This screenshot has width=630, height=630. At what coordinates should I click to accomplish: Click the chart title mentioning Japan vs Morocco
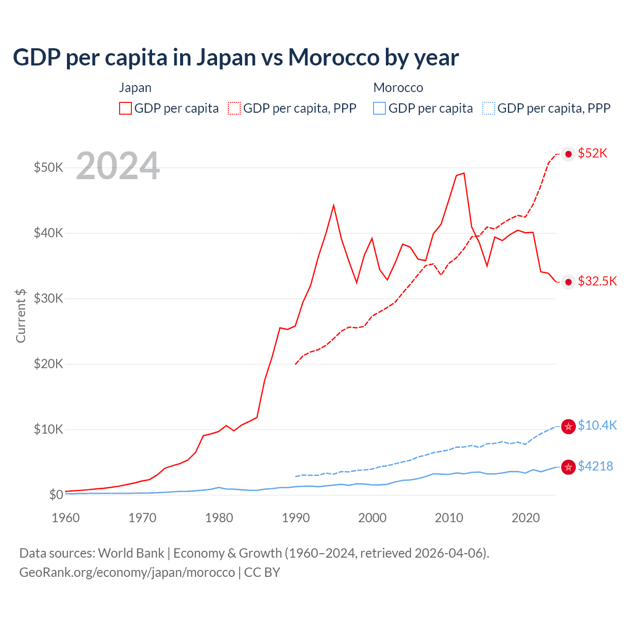(x=236, y=58)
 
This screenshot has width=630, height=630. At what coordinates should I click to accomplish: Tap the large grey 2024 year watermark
(x=118, y=166)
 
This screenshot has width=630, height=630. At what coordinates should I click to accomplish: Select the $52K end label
(x=593, y=154)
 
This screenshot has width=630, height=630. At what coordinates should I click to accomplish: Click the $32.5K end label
(x=597, y=281)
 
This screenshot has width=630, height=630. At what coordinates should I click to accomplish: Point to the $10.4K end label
(x=597, y=425)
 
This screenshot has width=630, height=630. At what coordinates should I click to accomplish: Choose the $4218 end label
(x=595, y=466)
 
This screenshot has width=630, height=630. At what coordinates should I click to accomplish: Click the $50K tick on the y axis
(x=48, y=167)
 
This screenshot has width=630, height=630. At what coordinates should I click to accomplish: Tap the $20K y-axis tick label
(x=48, y=364)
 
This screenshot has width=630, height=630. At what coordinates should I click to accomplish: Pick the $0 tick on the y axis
(x=56, y=495)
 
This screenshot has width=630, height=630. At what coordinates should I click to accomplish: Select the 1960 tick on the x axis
(x=65, y=518)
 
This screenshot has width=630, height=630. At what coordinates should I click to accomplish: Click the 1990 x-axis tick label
(x=296, y=518)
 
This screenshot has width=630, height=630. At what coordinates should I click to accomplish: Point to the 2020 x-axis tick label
(x=526, y=518)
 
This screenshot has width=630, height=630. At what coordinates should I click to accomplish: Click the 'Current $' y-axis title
(x=21, y=315)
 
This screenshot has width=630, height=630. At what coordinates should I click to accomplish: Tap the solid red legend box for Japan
(x=126, y=108)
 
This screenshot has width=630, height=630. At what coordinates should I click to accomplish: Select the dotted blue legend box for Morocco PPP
(x=489, y=108)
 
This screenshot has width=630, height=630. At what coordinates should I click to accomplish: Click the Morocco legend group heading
(x=398, y=88)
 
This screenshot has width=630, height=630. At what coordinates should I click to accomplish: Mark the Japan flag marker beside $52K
(x=568, y=154)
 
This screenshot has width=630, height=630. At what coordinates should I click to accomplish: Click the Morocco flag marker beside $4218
(x=568, y=467)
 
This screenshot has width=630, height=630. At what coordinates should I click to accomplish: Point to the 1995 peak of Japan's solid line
(x=334, y=205)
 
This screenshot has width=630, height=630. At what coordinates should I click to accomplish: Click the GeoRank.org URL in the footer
(x=127, y=572)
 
